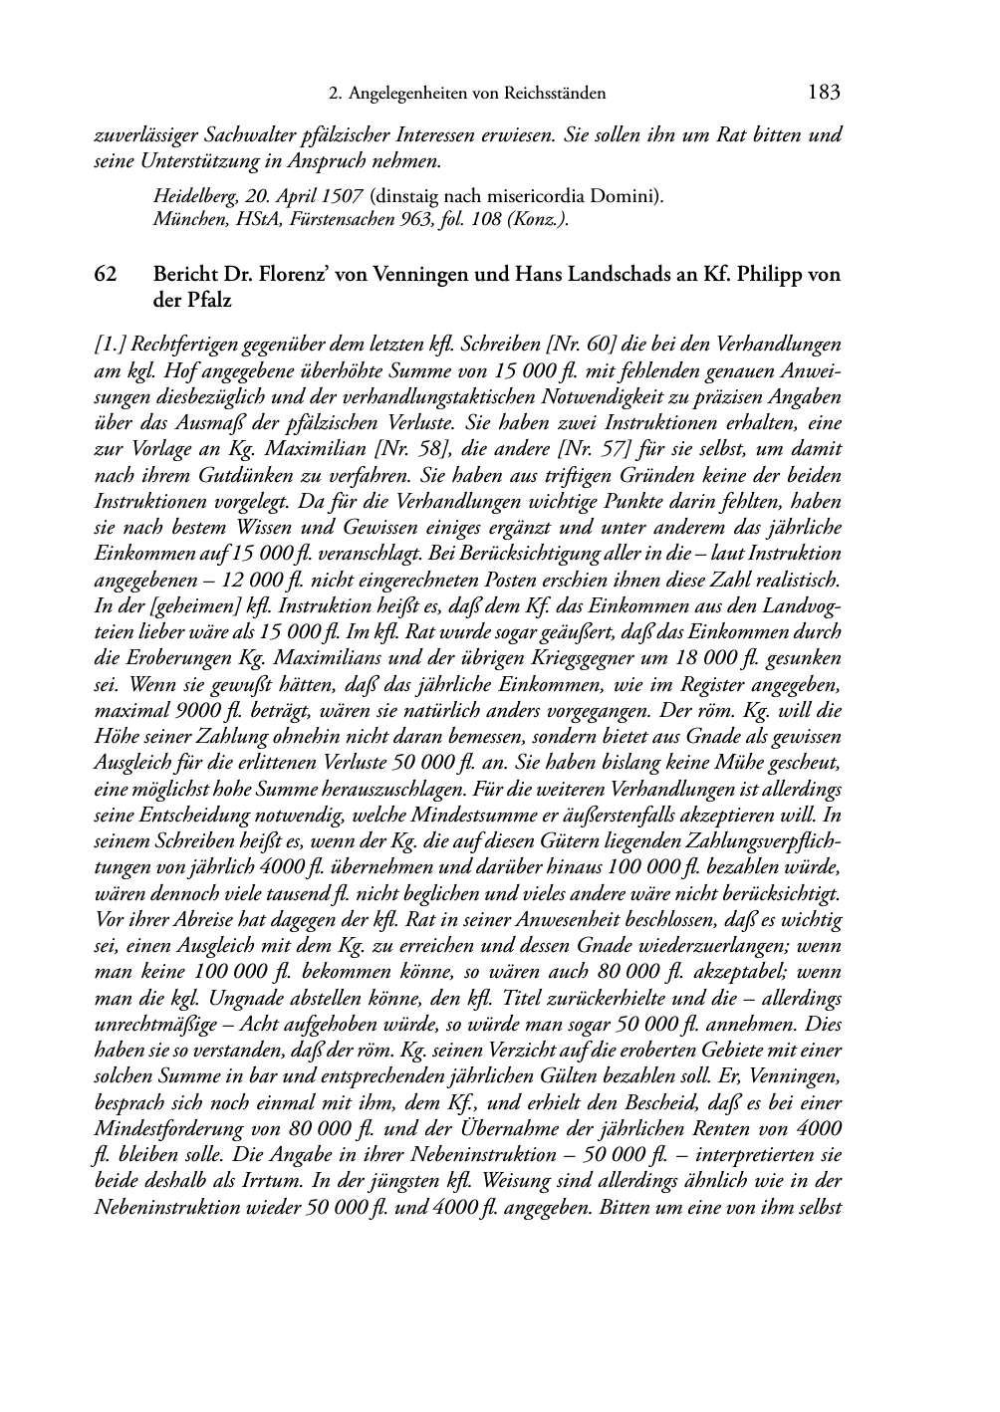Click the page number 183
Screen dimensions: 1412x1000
pyautogui.click(x=824, y=93)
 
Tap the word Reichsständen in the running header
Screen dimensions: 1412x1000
pyautogui.click(x=558, y=94)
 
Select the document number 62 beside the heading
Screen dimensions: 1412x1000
pyautogui.click(x=106, y=275)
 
